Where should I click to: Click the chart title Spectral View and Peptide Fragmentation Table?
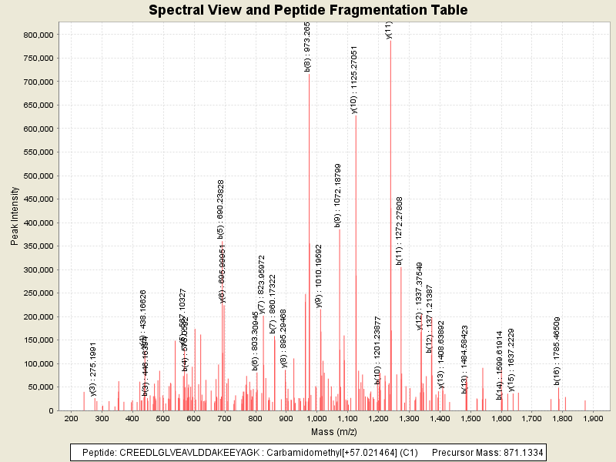[308, 10]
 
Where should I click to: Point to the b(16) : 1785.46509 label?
[556, 350]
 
